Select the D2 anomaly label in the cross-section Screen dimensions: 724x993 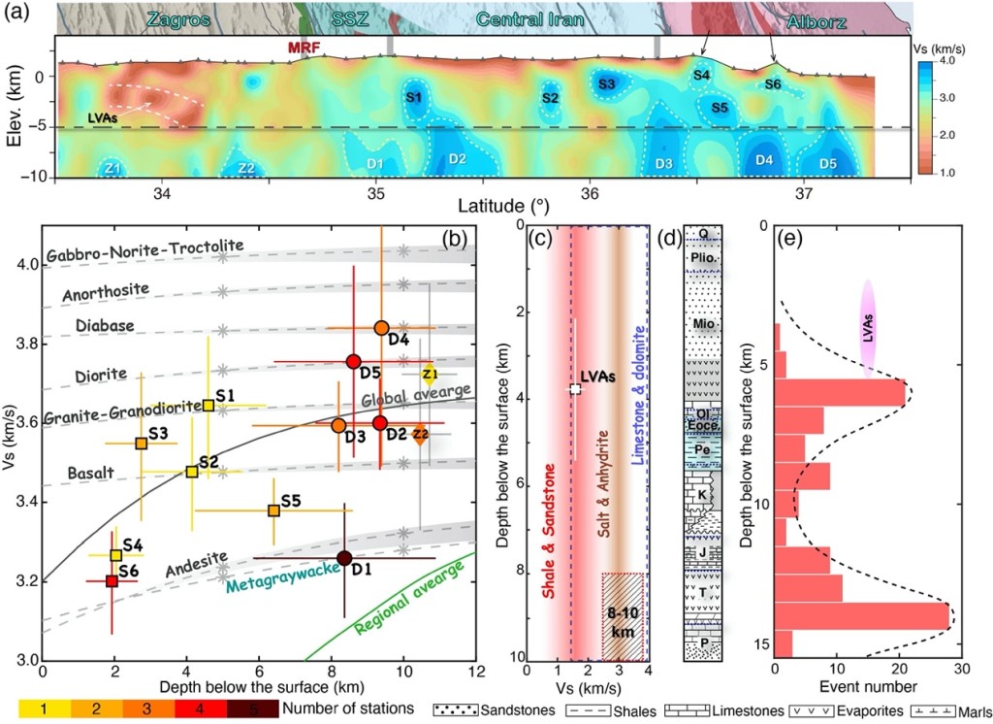[457, 158]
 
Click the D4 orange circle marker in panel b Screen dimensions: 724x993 [381, 328]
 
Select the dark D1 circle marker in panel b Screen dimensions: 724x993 [344, 557]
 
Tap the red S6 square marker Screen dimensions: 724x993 [112, 580]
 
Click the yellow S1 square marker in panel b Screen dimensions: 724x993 [208, 405]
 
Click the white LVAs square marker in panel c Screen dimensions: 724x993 [575, 388]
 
